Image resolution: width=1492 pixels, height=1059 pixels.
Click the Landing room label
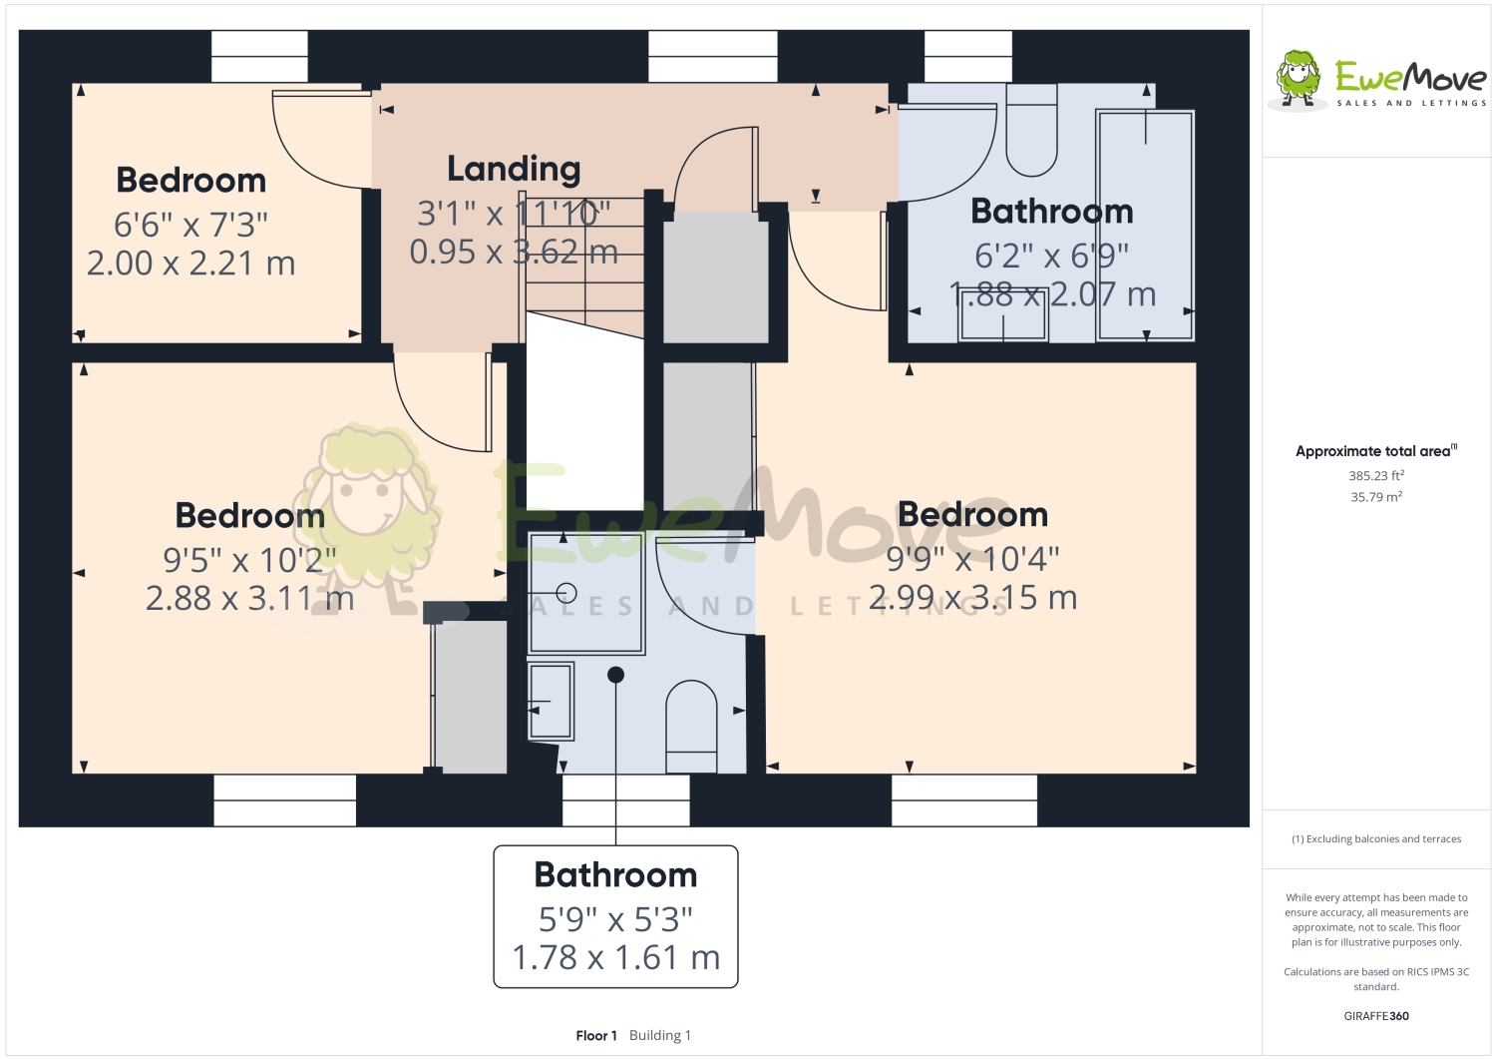click(x=514, y=169)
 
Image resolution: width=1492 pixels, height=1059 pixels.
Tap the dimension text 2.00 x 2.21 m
click(x=190, y=264)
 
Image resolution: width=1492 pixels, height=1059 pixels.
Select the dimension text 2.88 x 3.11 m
click(x=249, y=599)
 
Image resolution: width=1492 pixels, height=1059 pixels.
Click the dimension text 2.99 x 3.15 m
click(x=972, y=598)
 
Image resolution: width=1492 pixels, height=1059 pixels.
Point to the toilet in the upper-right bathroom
click(x=1031, y=132)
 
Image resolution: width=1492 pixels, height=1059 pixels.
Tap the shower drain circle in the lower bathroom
click(x=566, y=594)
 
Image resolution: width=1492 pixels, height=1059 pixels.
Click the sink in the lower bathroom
click(x=551, y=702)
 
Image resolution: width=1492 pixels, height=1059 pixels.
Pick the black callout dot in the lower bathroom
click(x=615, y=675)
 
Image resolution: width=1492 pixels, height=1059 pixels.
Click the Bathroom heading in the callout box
click(x=615, y=874)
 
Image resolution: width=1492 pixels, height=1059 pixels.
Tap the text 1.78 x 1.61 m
click(x=615, y=957)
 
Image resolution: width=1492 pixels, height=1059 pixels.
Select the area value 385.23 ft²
click(x=1376, y=476)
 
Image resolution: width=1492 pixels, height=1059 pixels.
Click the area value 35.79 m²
click(x=1376, y=497)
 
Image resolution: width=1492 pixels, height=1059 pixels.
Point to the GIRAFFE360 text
click(x=1376, y=1016)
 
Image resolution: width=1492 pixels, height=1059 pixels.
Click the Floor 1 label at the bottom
click(x=596, y=1035)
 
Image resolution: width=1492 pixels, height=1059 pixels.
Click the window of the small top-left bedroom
click(x=259, y=56)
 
